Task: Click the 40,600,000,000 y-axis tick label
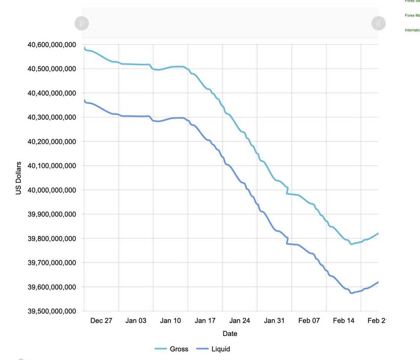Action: [x=52, y=45]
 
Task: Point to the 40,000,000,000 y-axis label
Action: [x=52, y=190]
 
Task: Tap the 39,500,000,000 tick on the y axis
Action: [x=52, y=311]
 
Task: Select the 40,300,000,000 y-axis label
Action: [x=52, y=117]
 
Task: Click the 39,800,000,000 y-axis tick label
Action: [x=52, y=238]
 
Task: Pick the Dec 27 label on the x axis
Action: [x=101, y=321]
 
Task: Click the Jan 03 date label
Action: [x=136, y=321]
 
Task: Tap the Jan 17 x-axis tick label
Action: [x=205, y=321]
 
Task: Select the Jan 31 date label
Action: [x=274, y=321]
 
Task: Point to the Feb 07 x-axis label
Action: [x=309, y=321]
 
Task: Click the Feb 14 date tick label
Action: [x=343, y=321]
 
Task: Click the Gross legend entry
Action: [x=172, y=349]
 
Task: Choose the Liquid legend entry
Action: [x=213, y=349]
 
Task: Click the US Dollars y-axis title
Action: [x=18, y=178]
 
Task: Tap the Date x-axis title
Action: [x=230, y=334]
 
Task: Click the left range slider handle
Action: [x=82, y=23]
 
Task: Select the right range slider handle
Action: [x=378, y=23]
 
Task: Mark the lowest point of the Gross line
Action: [x=351, y=244]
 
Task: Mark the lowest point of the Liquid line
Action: [x=351, y=293]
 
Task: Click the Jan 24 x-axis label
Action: [x=240, y=321]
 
